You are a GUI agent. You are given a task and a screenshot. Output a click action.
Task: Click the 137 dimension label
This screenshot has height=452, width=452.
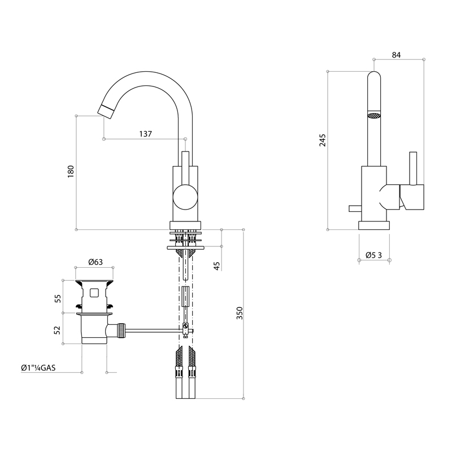[x=146, y=134]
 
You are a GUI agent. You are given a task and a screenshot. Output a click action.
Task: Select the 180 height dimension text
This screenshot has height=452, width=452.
[x=71, y=172]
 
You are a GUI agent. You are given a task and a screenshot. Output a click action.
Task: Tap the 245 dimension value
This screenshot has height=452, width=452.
[x=322, y=140]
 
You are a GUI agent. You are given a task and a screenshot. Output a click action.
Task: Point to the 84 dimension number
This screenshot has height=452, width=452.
[x=397, y=55]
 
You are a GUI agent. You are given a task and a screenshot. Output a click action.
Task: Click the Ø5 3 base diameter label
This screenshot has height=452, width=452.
[x=373, y=255]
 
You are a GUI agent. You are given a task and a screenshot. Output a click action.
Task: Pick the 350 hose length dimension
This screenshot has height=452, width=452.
[x=240, y=313]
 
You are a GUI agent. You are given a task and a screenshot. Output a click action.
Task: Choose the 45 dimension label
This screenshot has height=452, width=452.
[x=217, y=266]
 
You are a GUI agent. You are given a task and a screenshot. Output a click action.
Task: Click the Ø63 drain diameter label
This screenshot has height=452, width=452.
[x=95, y=262]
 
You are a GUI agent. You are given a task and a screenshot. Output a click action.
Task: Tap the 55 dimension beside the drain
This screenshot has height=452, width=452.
[x=58, y=298]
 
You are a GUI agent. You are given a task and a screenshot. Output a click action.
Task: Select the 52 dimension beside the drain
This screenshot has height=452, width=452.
[x=58, y=330]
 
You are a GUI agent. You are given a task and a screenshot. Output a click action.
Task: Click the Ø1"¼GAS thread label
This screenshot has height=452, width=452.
[x=38, y=368]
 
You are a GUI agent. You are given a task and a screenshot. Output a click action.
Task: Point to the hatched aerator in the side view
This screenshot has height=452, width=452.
[x=374, y=115]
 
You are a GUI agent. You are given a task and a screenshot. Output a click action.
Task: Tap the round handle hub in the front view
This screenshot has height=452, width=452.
[x=185, y=197]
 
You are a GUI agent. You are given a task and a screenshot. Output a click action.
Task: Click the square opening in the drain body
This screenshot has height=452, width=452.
[x=94, y=293]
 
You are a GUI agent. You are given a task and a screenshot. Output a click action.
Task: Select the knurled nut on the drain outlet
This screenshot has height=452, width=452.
[x=121, y=331]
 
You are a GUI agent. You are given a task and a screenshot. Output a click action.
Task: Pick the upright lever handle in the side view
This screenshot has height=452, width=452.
[x=413, y=168]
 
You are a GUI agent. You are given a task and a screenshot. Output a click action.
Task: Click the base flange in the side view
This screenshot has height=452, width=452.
[x=374, y=225]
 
